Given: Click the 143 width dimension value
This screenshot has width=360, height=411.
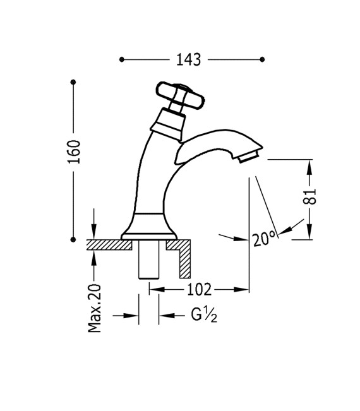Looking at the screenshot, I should click(x=188, y=60).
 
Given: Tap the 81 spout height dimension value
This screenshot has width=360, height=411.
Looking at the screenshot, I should click(x=309, y=196).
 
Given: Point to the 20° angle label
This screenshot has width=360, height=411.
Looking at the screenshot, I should click(x=264, y=239).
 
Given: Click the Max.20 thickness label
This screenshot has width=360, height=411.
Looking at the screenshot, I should click(x=95, y=308).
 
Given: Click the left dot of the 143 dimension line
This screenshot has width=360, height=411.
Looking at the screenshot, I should click(x=121, y=60).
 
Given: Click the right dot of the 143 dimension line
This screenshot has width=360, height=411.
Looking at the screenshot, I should click(x=262, y=60).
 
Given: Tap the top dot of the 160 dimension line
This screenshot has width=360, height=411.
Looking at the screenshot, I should click(x=74, y=82).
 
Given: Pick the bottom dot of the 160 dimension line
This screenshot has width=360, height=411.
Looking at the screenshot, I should click(x=74, y=239).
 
